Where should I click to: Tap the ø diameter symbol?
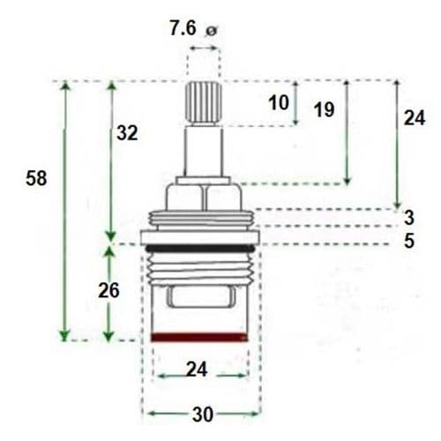tap(210, 32)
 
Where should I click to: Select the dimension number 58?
tap(37, 177)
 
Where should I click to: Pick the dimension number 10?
tap(279, 102)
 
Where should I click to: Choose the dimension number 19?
tap(323, 109)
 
